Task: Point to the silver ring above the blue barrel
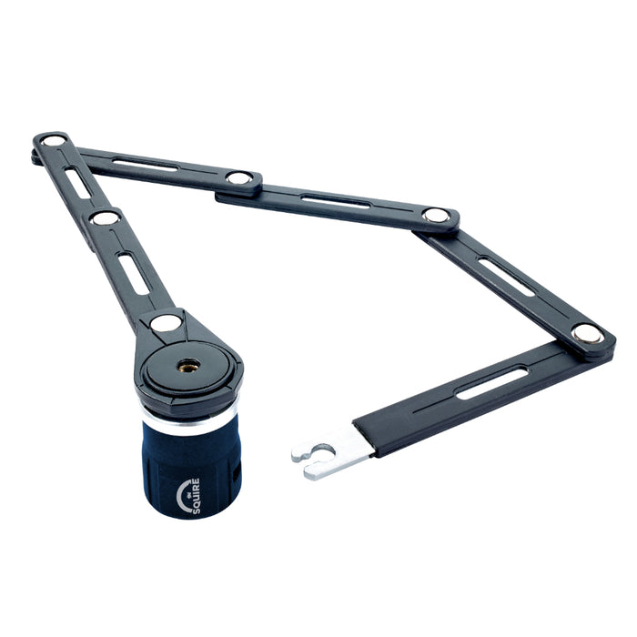pyautogui.click(x=189, y=421)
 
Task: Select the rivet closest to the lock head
pyautogui.click(x=166, y=322)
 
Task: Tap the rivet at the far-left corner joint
pyautogui.click(x=54, y=141)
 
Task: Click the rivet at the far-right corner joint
pyautogui.click(x=586, y=333)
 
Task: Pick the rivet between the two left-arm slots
pyautogui.click(x=105, y=217)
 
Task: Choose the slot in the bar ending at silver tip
pyautogui.click(x=491, y=382)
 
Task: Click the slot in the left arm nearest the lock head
pyautogui.click(x=133, y=272)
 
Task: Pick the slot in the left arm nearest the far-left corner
pyautogui.click(x=78, y=182)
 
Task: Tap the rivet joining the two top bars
pyautogui.click(x=239, y=178)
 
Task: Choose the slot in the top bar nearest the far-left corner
pyautogui.click(x=146, y=165)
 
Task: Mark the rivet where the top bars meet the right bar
pyautogui.click(x=436, y=216)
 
